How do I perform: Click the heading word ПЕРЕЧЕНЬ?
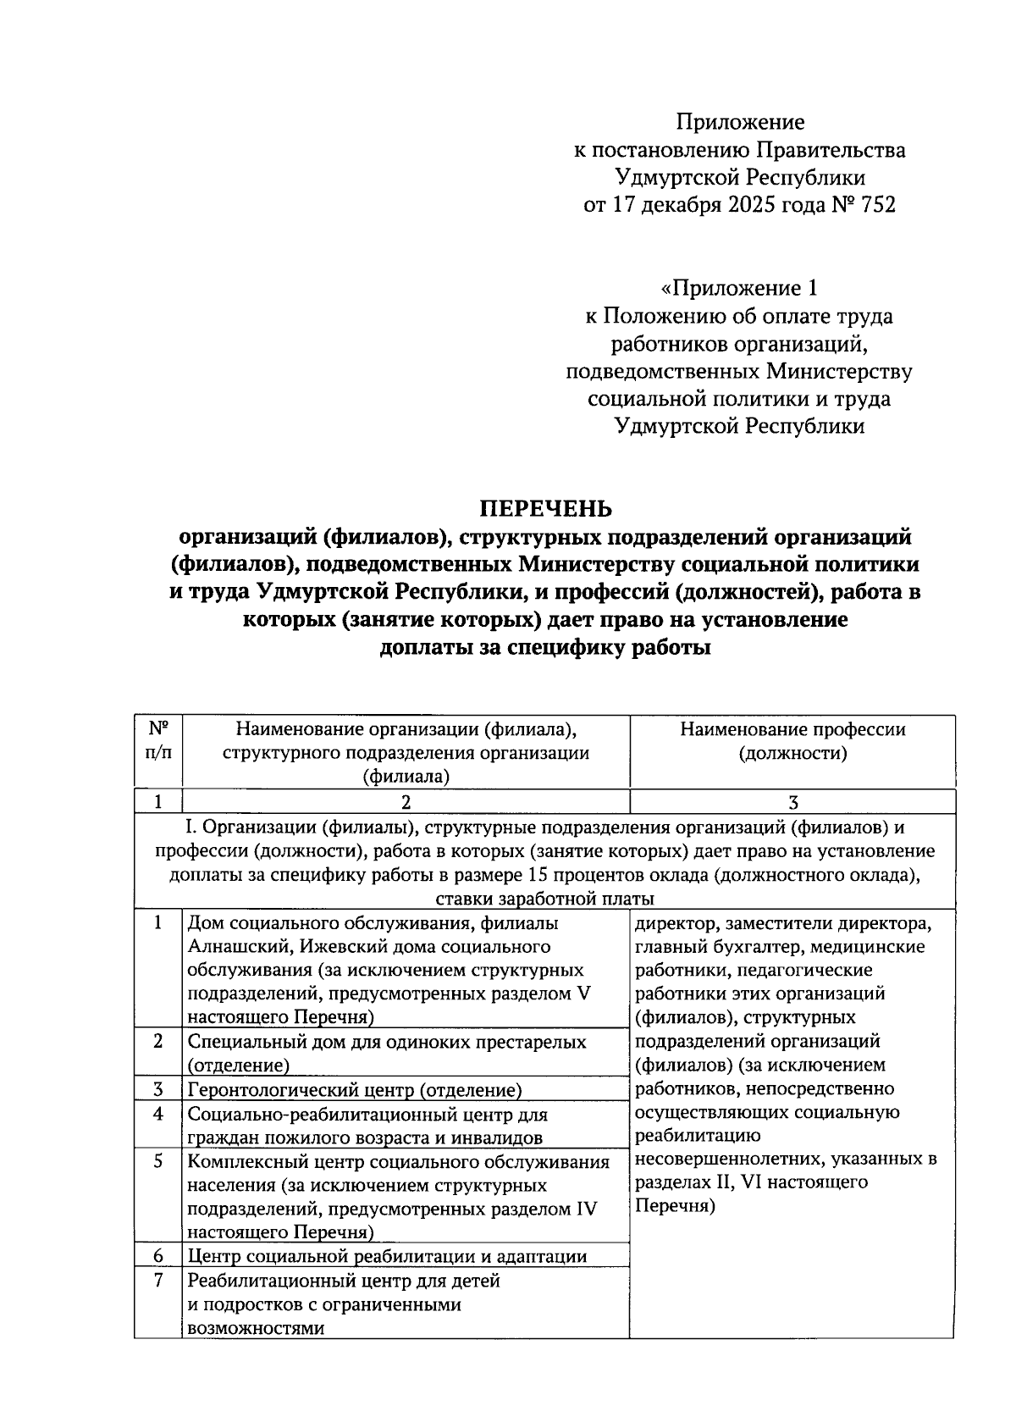545,508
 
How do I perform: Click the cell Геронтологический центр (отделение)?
354,1090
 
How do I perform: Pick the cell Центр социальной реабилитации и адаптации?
387,1256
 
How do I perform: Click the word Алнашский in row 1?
232,946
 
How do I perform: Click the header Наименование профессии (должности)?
792,741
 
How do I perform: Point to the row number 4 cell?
158,1114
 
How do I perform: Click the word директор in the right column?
671,922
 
